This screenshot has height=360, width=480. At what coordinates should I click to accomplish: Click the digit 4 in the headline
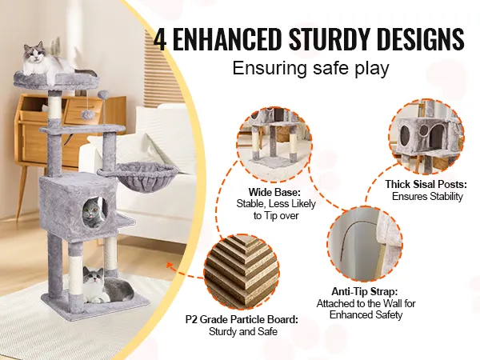[160, 39]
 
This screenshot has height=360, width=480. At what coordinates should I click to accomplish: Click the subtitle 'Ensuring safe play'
[310, 68]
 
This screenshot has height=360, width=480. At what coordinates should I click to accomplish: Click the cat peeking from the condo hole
[94, 212]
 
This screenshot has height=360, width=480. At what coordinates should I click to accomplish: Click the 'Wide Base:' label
[274, 192]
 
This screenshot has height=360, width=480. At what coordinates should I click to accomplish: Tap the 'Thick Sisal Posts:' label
[426, 184]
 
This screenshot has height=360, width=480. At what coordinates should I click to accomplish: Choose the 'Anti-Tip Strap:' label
[365, 291]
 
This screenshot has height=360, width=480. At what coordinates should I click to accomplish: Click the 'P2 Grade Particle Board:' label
[242, 319]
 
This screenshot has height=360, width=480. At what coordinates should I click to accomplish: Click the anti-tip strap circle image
[366, 244]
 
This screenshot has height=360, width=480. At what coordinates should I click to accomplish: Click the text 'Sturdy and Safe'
[243, 331]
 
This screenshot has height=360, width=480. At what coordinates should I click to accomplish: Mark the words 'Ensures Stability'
[427, 196]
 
